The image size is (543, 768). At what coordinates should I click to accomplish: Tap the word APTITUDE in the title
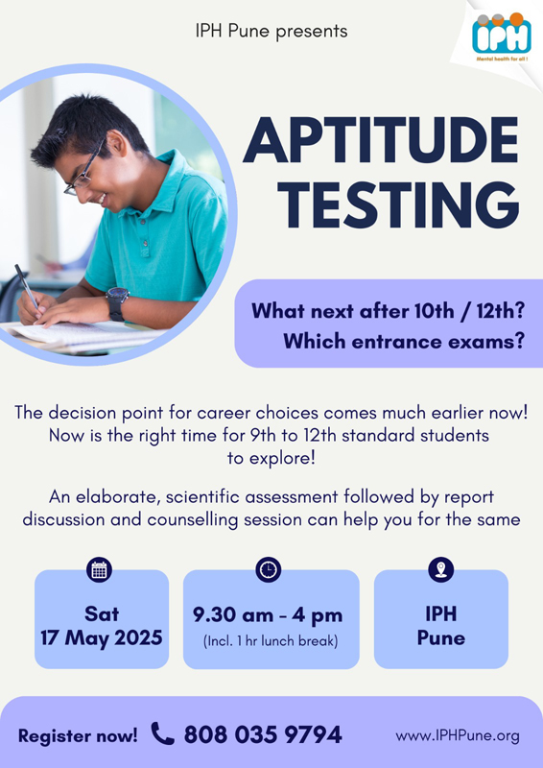[x=381, y=140]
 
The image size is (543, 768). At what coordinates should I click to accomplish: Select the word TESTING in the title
[x=402, y=204]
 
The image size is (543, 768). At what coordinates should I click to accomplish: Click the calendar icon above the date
[x=100, y=570]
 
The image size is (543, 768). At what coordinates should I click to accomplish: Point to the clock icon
[x=269, y=569]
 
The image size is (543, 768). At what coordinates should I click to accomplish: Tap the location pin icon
[x=440, y=569]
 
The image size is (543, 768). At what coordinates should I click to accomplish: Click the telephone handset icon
[x=162, y=733]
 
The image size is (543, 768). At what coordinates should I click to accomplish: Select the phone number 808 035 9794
[x=263, y=734]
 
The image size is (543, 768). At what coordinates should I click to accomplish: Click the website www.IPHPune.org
[x=458, y=735]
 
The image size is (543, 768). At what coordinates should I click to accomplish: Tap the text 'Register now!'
[x=78, y=735]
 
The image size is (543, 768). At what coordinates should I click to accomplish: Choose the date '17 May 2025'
[x=102, y=637]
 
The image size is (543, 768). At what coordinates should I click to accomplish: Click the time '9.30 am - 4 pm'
[x=268, y=615]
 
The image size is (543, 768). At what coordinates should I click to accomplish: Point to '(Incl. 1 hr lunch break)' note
[x=271, y=641]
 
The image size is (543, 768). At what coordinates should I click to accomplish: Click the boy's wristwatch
[x=117, y=303]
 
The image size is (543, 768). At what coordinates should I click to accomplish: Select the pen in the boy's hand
[x=27, y=286]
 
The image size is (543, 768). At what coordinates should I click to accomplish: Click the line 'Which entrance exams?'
[x=404, y=341]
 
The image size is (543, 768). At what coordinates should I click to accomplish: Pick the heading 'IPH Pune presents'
[x=271, y=32]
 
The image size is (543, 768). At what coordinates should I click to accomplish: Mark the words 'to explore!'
[x=271, y=459]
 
